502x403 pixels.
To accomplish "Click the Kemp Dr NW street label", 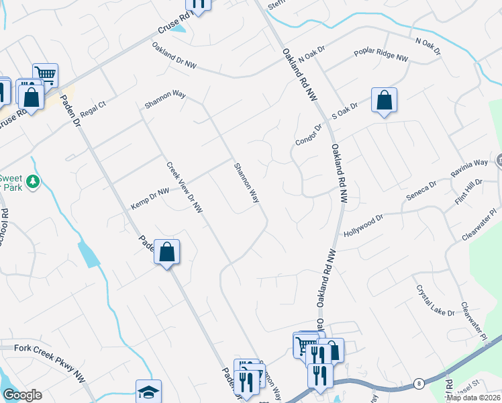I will pos(150,199).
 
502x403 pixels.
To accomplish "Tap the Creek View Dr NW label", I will pos(185,187).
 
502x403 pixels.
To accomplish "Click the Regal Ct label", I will pos(93,109).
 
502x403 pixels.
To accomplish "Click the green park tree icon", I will pos(32,182).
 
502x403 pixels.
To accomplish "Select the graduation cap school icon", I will pos(148,392).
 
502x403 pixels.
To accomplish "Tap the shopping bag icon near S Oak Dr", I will pos(384,101).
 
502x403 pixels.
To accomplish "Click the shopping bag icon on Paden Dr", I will pos(167,253).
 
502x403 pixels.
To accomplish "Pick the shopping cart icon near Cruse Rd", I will pos(45,74).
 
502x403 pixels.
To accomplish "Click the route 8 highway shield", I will pos(419,382).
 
